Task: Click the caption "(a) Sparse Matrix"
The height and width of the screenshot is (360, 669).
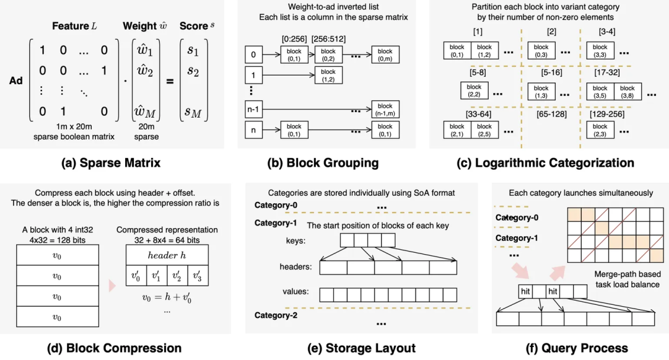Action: coord(112,163)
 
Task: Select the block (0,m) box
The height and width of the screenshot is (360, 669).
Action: coord(385,55)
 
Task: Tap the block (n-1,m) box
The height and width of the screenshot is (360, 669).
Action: coord(385,109)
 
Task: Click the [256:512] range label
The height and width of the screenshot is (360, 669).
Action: coord(328,40)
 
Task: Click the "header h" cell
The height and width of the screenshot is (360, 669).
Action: coord(166,255)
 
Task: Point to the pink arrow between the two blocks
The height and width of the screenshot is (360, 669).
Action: coord(111,284)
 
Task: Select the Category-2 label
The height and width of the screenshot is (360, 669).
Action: coord(276,315)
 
